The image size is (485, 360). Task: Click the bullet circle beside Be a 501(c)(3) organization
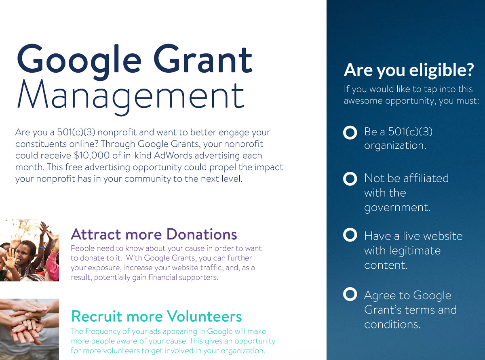pyautogui.click(x=350, y=133)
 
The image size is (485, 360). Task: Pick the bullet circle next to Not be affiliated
pyautogui.click(x=350, y=179)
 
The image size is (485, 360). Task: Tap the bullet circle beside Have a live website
pyautogui.click(x=350, y=235)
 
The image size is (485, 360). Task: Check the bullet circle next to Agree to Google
pyautogui.click(x=350, y=295)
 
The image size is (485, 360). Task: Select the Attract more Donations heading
pyautogui.click(x=154, y=234)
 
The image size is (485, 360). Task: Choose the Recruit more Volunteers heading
pyautogui.click(x=156, y=316)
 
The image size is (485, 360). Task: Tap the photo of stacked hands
pyautogui.click(x=29, y=328)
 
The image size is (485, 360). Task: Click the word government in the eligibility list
pyautogui.click(x=397, y=208)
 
